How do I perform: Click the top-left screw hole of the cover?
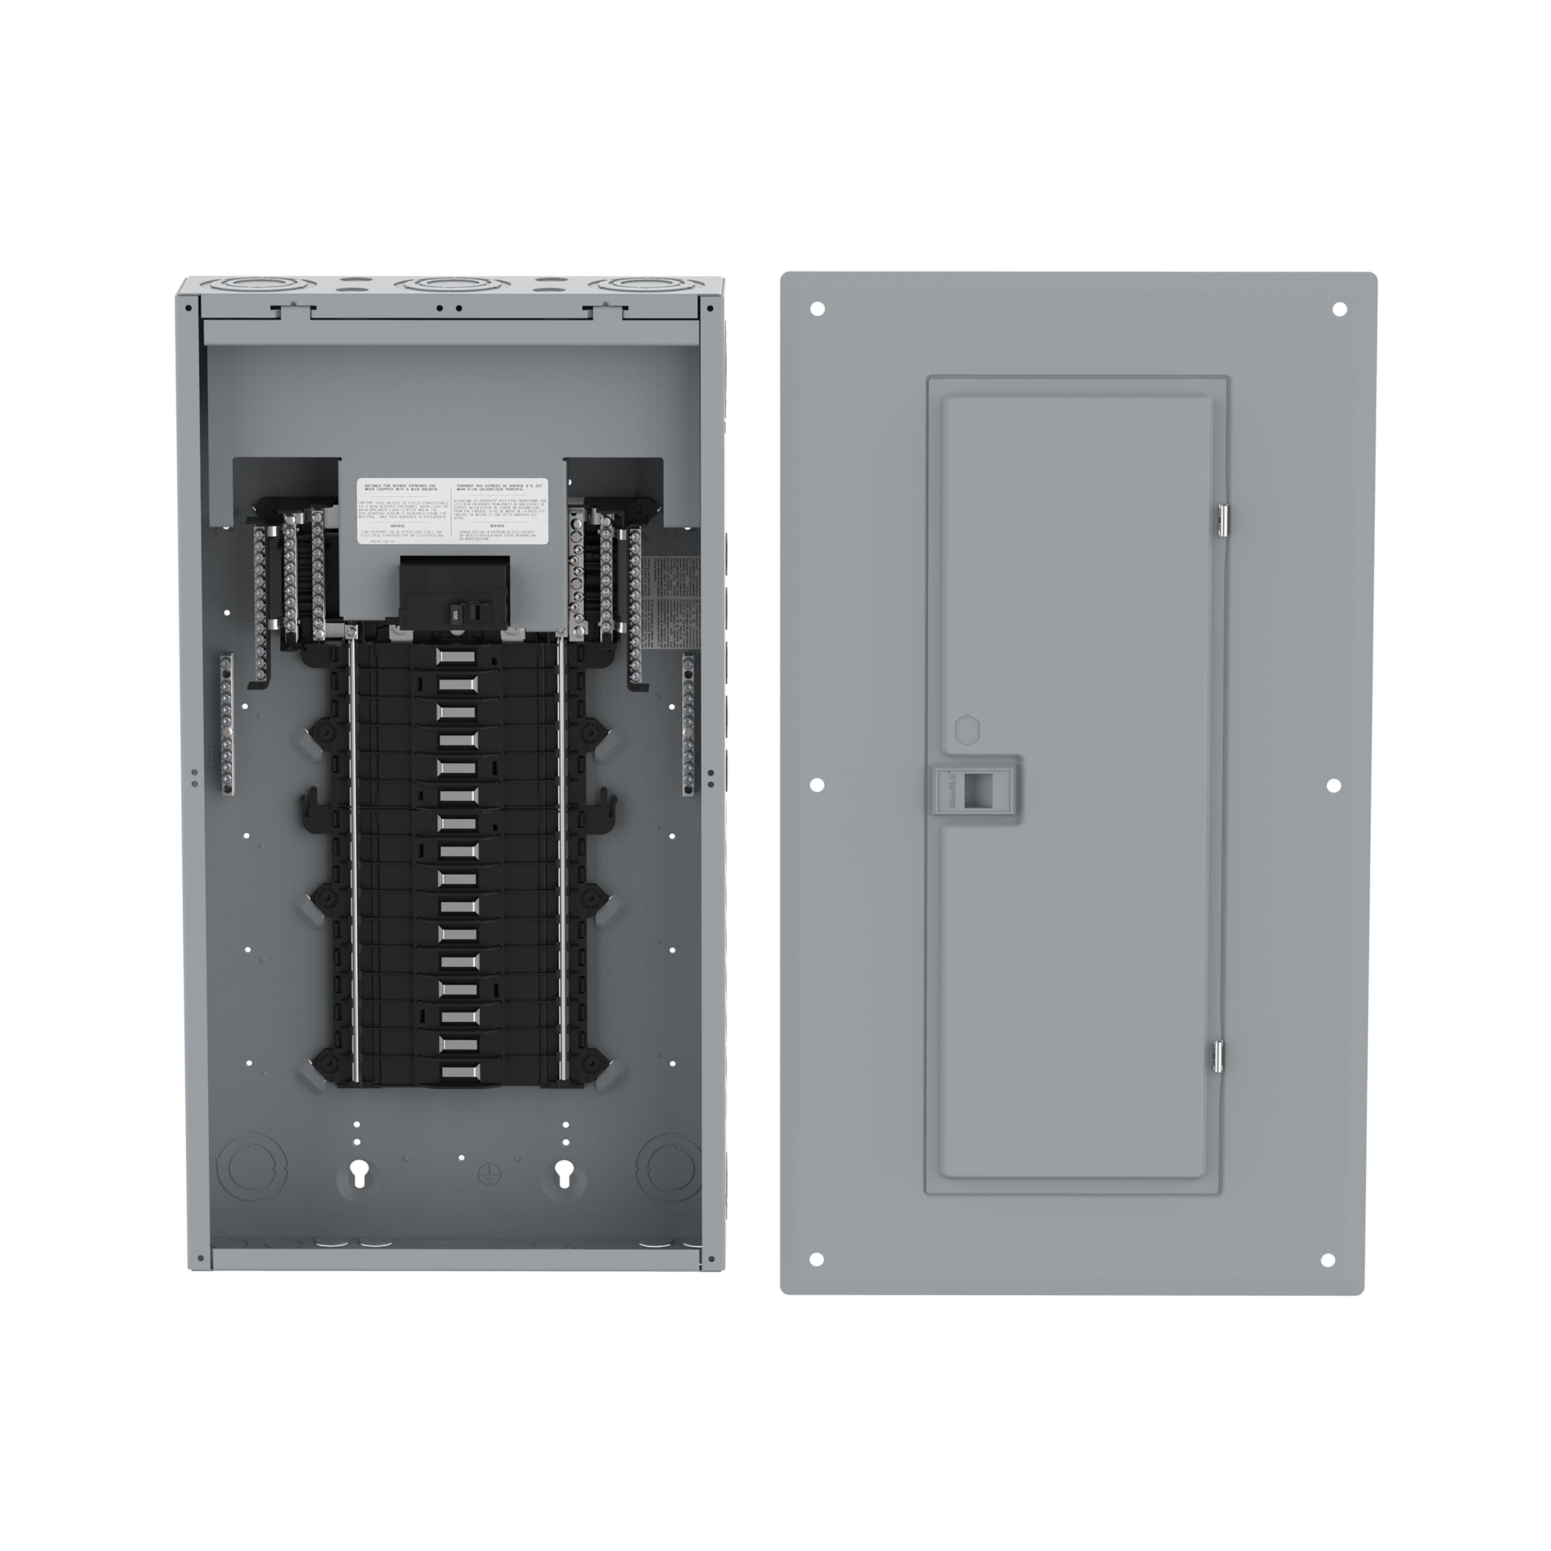818,308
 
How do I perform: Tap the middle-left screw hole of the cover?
817,784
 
